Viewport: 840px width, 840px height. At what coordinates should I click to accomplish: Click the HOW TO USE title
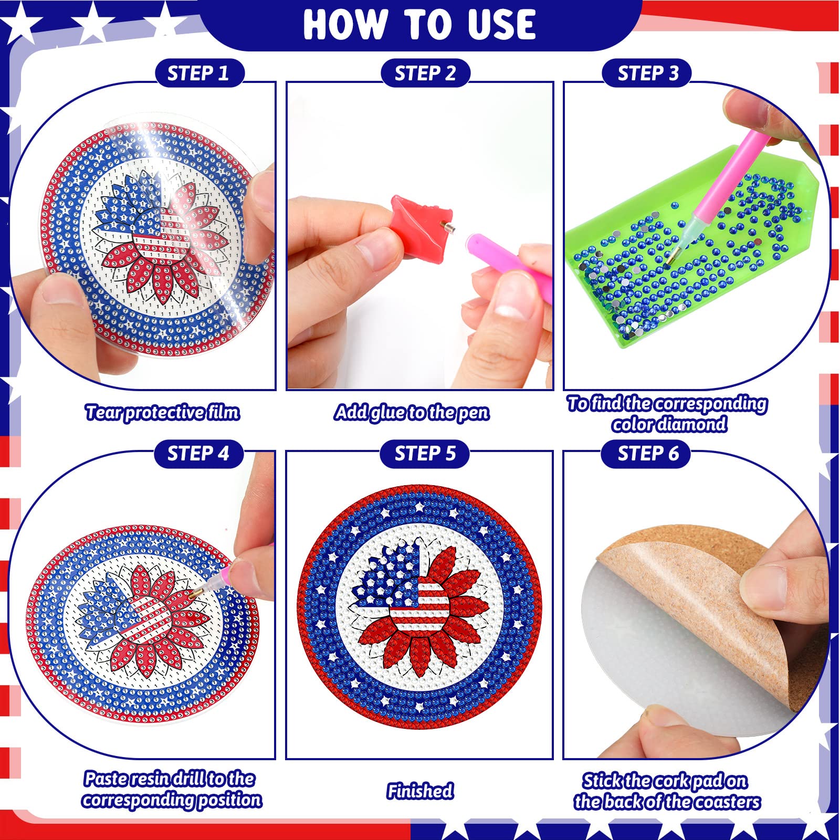click(x=419, y=24)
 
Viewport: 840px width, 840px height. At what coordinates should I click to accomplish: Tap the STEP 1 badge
click(x=199, y=73)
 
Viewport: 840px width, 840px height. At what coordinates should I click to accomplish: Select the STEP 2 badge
click(x=425, y=73)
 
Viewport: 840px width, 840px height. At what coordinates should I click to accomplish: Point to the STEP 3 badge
click(x=647, y=73)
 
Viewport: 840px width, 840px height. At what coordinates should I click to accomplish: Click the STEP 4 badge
click(x=199, y=454)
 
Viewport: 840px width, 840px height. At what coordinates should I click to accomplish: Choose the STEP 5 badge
click(x=425, y=454)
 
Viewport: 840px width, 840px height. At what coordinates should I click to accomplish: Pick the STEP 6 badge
click(x=647, y=454)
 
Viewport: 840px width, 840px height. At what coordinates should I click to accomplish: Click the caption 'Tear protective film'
click(x=163, y=413)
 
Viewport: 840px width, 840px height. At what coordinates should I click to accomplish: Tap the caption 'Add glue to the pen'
click(x=412, y=413)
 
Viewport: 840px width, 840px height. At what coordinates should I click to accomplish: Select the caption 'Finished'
click(x=420, y=791)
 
